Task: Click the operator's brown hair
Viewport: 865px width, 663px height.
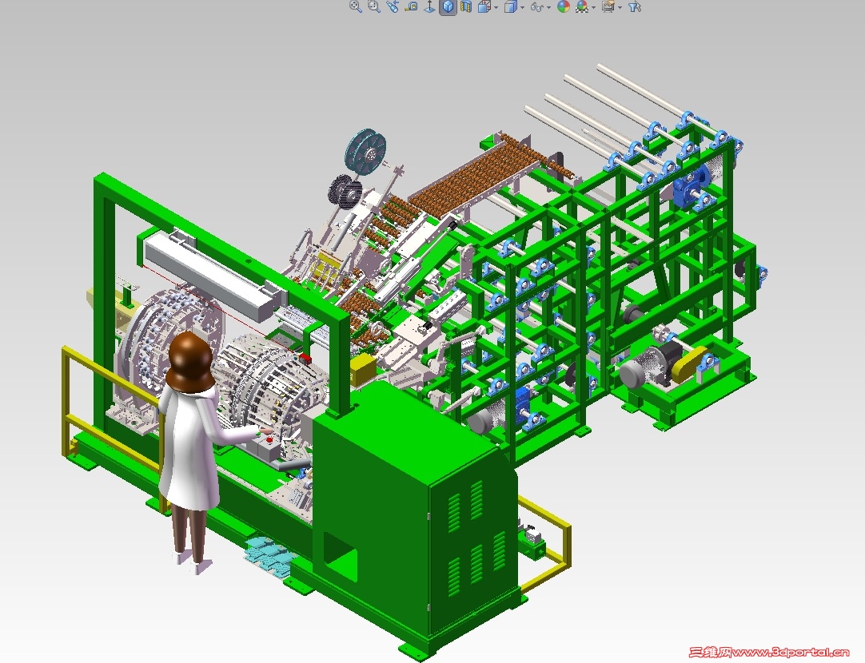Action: click(x=190, y=362)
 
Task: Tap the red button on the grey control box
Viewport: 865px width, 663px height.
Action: click(x=269, y=440)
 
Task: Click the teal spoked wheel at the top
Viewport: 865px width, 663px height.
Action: click(x=365, y=152)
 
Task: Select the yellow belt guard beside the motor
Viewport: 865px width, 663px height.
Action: click(x=690, y=364)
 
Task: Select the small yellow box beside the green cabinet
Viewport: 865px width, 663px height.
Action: click(x=362, y=368)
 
